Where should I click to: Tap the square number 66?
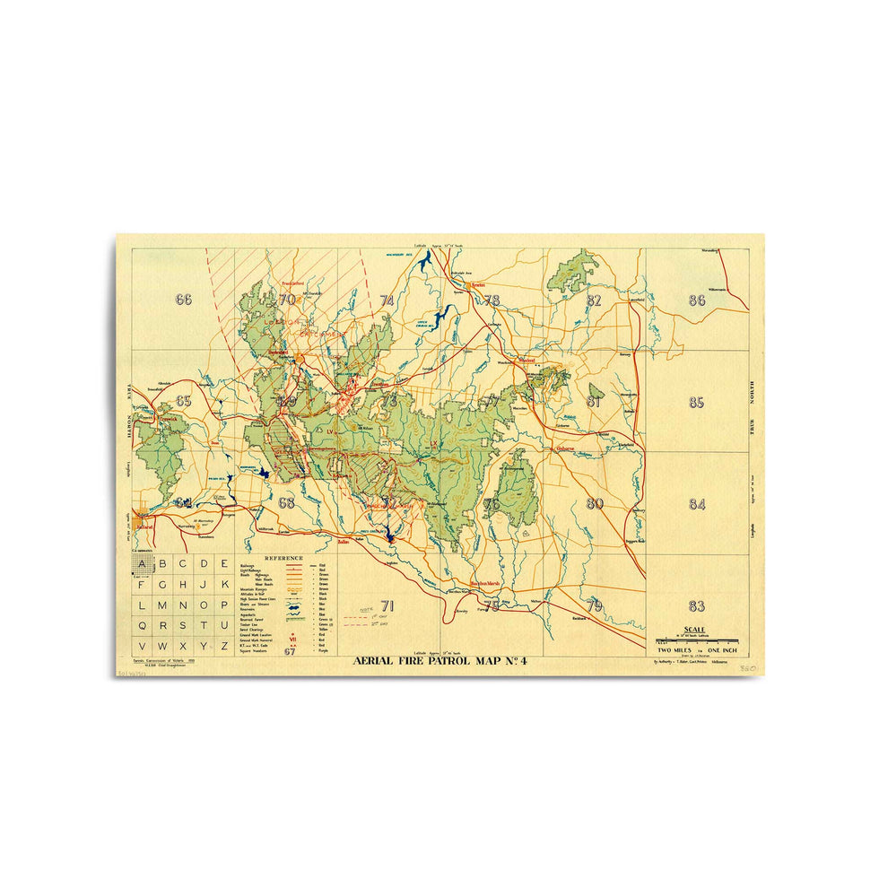(x=184, y=300)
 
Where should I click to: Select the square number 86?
(x=697, y=300)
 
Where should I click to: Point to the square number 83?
(x=697, y=605)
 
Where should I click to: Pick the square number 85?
(x=697, y=403)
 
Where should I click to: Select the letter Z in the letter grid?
(x=226, y=646)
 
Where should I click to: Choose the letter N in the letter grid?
(x=185, y=605)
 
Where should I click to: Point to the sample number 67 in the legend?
(x=290, y=652)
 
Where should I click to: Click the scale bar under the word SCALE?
(x=697, y=640)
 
